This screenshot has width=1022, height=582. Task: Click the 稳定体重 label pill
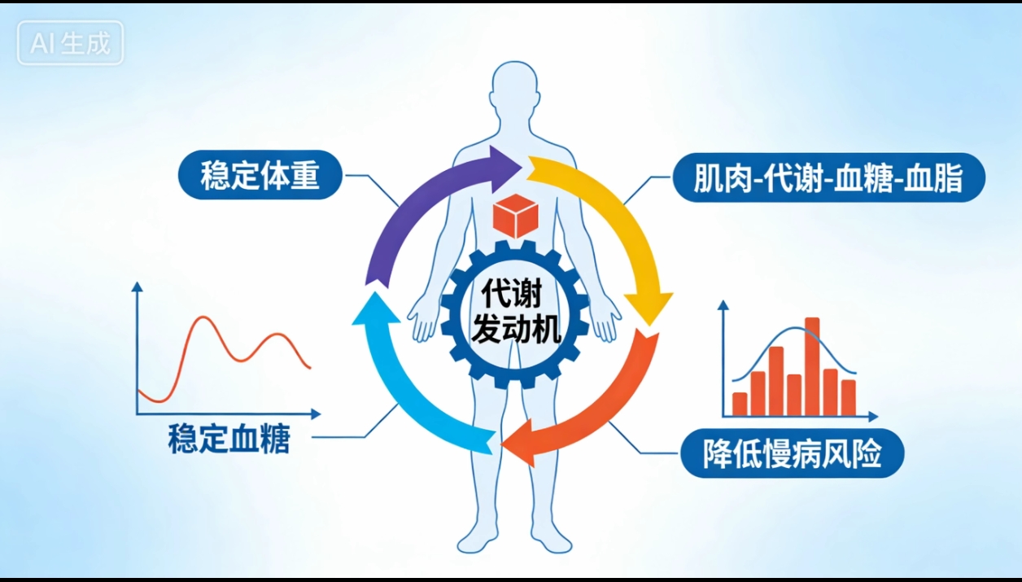click(260, 175)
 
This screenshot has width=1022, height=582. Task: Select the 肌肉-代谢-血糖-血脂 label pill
click(829, 177)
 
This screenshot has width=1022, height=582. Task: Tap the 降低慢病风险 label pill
click(792, 453)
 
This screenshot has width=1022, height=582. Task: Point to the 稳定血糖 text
click(229, 439)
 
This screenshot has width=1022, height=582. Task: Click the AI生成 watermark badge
click(70, 43)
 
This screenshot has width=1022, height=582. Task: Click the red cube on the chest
click(516, 216)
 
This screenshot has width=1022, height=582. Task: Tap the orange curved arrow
click(607, 411)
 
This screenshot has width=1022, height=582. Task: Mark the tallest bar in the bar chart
click(812, 366)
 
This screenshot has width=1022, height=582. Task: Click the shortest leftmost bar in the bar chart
click(740, 404)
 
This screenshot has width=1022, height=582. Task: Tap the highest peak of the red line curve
click(203, 317)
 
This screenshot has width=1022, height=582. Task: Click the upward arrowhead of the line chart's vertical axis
click(137, 287)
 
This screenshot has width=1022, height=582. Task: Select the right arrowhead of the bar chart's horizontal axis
click(873, 416)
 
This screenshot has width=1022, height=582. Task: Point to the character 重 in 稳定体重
click(304, 175)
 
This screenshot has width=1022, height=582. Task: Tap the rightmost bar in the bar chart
click(848, 397)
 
